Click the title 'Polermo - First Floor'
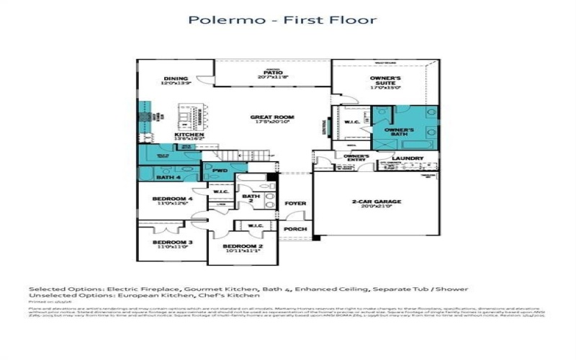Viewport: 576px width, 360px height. tap(282, 19)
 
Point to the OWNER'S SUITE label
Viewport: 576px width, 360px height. tap(385, 81)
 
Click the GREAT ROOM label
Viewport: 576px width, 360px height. tap(271, 119)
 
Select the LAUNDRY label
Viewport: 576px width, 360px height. tap(407, 158)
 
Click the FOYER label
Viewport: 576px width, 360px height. tap(295, 204)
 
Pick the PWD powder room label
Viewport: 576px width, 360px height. tap(219, 171)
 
